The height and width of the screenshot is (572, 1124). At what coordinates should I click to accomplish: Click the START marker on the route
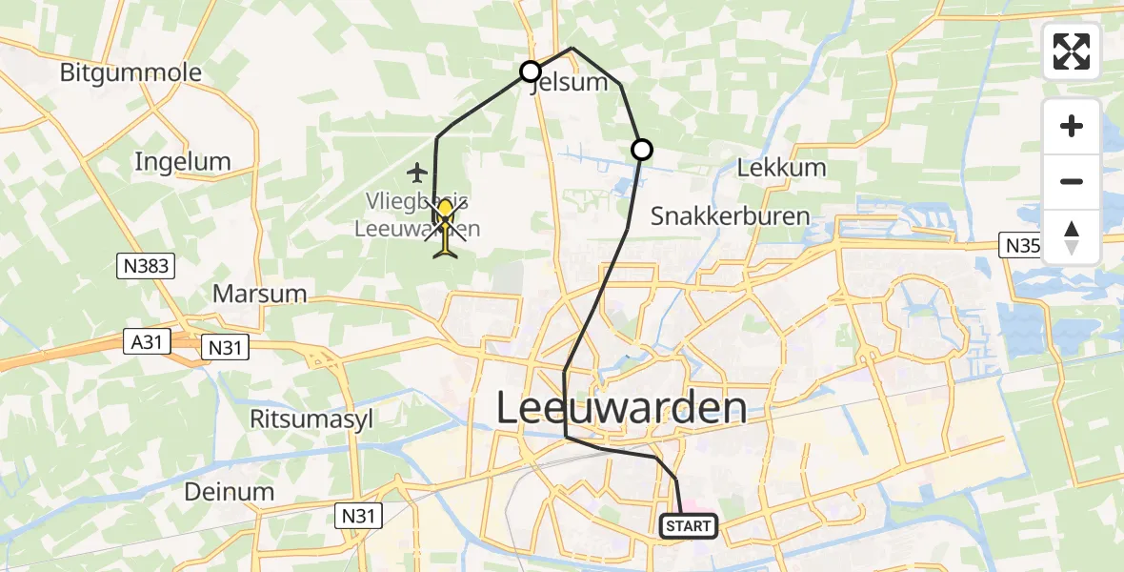tap(688, 525)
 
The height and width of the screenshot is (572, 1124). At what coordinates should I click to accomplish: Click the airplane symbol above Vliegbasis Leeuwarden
tap(416, 173)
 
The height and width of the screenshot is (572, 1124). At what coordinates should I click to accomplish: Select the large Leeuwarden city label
tap(621, 408)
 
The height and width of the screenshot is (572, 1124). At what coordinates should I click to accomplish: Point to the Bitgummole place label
tap(130, 72)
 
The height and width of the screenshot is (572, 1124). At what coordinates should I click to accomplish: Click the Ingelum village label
tap(183, 162)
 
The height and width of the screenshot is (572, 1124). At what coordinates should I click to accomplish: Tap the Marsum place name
tap(260, 294)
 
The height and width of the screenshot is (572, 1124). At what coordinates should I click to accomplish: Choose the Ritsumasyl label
tap(311, 419)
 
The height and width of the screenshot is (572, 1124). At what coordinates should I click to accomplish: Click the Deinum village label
tap(230, 492)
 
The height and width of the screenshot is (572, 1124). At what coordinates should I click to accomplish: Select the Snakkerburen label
tap(730, 216)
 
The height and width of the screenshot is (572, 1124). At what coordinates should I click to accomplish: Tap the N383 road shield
tap(148, 267)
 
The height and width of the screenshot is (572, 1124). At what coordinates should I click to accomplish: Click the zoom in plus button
tap(1072, 126)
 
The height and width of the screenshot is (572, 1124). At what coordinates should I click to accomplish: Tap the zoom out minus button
tap(1072, 181)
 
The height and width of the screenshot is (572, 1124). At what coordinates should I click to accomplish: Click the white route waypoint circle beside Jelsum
tap(531, 71)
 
